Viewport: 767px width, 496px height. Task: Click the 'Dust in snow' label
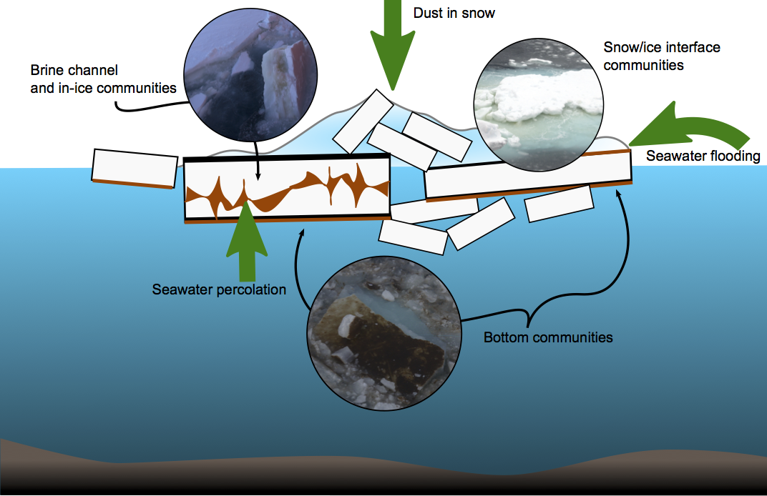point(454,13)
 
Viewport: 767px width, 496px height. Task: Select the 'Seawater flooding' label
point(703,156)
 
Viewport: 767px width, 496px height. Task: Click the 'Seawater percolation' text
point(219,289)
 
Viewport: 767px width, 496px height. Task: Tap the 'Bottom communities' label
point(548,337)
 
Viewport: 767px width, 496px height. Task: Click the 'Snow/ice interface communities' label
point(662,56)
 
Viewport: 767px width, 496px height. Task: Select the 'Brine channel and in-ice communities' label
point(103,79)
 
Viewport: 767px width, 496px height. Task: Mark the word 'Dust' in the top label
point(427,13)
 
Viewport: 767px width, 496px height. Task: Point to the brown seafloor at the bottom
point(383,472)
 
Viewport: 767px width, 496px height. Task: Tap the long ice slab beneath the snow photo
point(528,177)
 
